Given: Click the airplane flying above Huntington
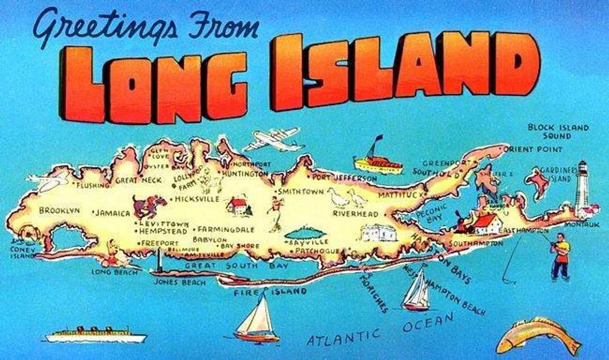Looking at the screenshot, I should pos(273,141).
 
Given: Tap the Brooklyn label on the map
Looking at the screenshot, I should pos(60,211).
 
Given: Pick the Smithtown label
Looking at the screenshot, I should pos(301,192).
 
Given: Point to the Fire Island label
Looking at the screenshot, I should pos(270,292).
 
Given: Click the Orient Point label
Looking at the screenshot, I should pos(534,149).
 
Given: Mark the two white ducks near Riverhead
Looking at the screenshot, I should pos(347,198).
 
